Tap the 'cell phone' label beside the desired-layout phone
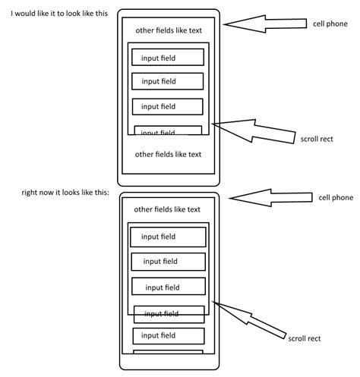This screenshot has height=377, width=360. tap(330, 24)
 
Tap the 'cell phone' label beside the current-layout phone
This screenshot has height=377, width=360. tap(335, 197)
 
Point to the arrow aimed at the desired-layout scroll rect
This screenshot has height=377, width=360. tap(254, 130)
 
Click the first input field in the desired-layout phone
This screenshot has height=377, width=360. tap(167, 57)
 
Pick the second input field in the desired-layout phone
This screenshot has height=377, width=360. tap(167, 81)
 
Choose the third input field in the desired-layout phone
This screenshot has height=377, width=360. tap(167, 106)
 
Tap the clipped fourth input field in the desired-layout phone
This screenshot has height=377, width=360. tap(167, 130)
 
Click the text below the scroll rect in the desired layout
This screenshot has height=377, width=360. tap(168, 154)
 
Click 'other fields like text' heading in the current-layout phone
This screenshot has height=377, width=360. tap(167, 209)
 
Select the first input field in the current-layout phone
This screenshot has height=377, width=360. tap(167, 237)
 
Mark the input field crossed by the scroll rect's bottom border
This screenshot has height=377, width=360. tap(169, 314)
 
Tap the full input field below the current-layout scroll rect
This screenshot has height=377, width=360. tap(169, 335)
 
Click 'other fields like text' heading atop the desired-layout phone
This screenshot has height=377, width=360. tap(168, 30)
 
